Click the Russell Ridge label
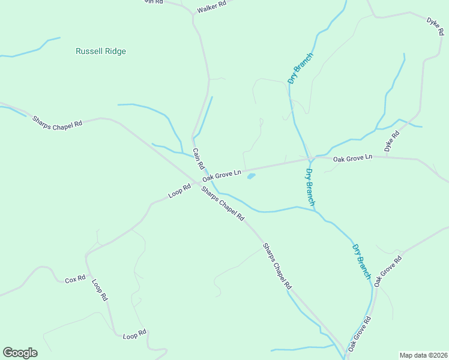click(101, 52)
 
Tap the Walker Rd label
click(212, 7)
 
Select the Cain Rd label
click(199, 158)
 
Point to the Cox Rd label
click(75, 280)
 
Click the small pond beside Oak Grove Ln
click(251, 176)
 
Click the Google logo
click(20, 353)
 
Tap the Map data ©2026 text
click(423, 355)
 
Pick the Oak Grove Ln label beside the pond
click(221, 175)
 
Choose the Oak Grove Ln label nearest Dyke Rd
click(353, 158)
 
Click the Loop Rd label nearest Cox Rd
click(100, 289)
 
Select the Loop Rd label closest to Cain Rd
click(179, 191)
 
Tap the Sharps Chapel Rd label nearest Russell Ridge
click(57, 121)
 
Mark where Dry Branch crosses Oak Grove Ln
click(310, 159)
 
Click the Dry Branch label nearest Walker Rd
click(301, 68)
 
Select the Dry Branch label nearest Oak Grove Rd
click(361, 261)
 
